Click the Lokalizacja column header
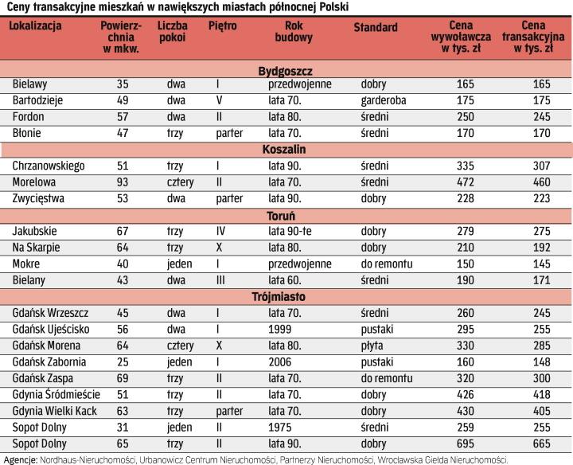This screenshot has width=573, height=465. coord(35,26)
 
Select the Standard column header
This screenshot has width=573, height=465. coord(375,27)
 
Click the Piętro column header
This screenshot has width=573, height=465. coord(221,26)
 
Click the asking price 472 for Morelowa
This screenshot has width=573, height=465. coord(466,182)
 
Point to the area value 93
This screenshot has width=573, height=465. coord(122,182)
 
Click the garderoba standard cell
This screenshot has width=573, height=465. coord(383,100)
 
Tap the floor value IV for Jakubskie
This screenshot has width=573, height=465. coord(222,231)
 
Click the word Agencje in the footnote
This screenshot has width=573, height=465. coord(19,459)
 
